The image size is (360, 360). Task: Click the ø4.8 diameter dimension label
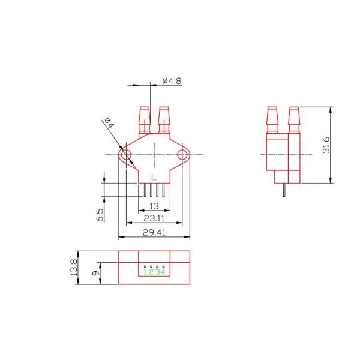(x=172, y=81)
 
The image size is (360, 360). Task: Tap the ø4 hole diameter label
(x=109, y=123)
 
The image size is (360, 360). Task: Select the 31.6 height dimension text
(x=326, y=145)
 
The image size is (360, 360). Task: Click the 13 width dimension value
(x=154, y=206)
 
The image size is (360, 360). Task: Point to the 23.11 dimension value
(x=154, y=218)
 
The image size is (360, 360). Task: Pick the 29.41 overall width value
(x=154, y=233)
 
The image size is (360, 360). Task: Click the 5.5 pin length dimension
(x=100, y=215)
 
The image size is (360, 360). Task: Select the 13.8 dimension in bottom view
(x=74, y=268)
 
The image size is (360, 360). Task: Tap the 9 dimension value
(x=96, y=273)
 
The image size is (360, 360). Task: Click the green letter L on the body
(x=154, y=177)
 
